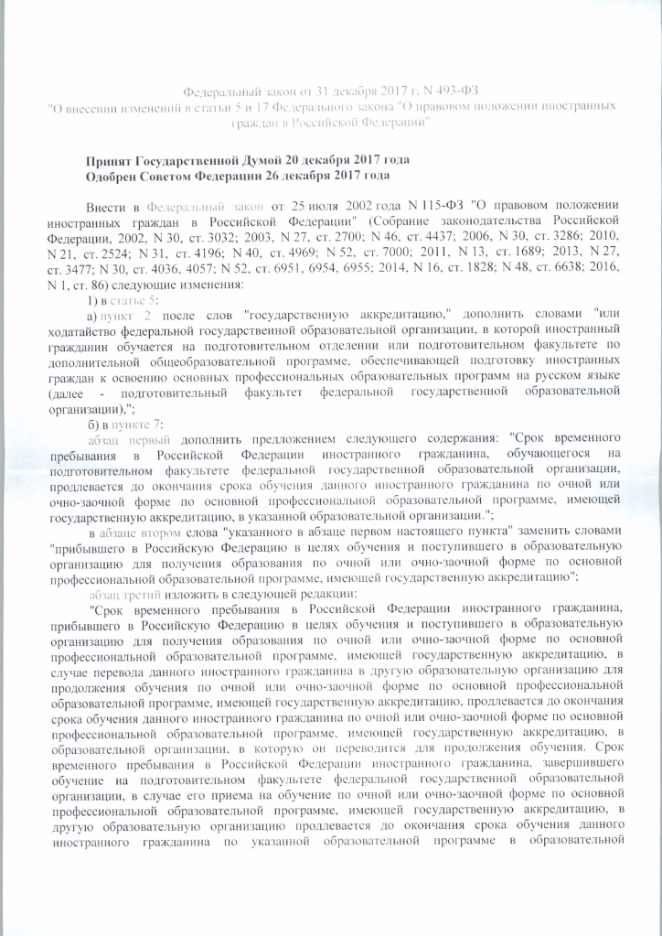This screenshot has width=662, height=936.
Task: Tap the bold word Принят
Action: click(x=113, y=158)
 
